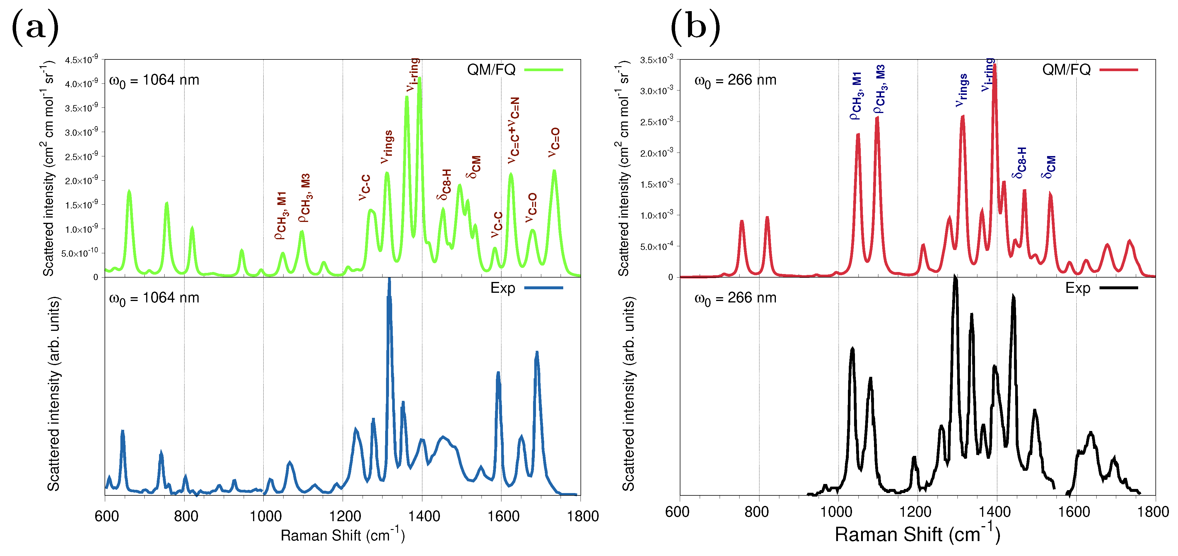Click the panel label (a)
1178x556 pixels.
[35, 28]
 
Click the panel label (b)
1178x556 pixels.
[695, 28]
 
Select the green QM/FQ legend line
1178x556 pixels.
[543, 69]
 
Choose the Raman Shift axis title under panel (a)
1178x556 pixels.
[342, 535]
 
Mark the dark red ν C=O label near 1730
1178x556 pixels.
[554, 143]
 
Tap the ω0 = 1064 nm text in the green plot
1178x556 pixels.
[154, 81]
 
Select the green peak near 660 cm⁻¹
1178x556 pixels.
[129, 192]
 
